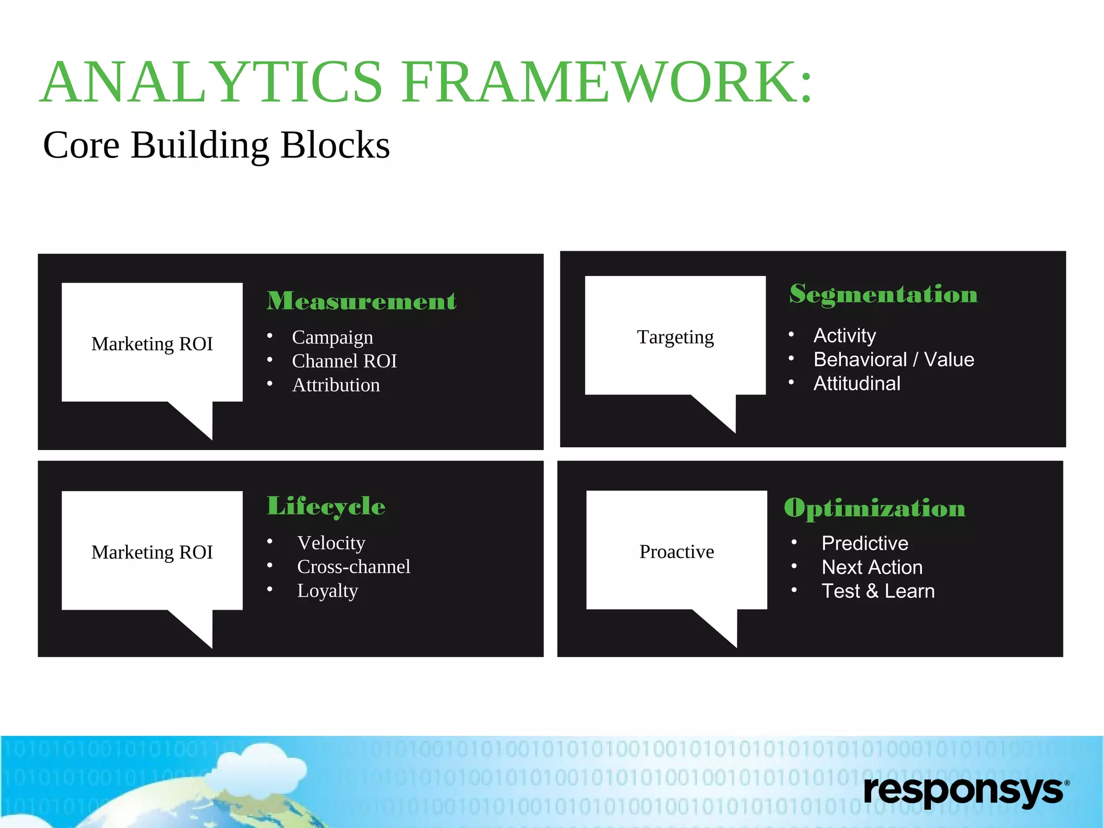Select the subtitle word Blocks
335,146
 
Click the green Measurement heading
361,301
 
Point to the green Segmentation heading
883,294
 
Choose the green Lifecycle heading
326,506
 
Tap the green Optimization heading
874,508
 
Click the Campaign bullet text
332,337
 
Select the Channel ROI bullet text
344,361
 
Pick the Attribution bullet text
336,385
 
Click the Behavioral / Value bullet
893,360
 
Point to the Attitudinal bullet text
857,383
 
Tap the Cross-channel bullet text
354,567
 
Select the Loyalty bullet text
327,591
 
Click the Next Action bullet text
872,567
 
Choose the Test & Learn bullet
878,591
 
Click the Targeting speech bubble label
675,337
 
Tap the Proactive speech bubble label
677,551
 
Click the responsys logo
965,791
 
